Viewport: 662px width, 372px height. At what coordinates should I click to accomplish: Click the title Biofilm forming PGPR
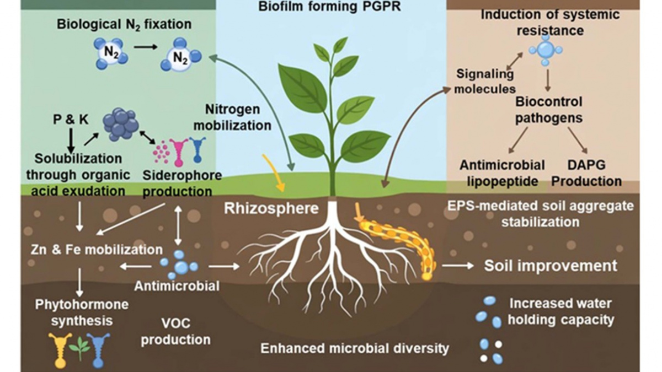(x=329, y=7)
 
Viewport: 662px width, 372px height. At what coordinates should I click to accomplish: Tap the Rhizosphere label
(x=271, y=208)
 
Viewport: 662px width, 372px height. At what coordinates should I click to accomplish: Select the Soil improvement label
(x=551, y=266)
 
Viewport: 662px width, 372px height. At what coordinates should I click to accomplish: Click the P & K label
(x=71, y=120)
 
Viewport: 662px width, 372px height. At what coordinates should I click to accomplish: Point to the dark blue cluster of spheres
(x=121, y=124)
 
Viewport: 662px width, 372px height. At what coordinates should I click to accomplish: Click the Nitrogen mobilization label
(x=232, y=117)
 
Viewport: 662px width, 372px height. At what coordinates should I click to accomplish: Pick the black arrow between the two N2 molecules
(x=146, y=47)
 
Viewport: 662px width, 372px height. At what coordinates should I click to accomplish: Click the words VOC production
(x=176, y=332)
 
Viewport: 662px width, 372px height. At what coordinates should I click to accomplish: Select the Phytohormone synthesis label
(x=82, y=312)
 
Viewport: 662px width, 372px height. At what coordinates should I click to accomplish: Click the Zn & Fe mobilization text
(x=97, y=250)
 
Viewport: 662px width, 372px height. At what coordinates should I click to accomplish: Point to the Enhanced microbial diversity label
(x=355, y=348)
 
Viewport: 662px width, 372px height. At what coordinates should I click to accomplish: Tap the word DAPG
(x=586, y=165)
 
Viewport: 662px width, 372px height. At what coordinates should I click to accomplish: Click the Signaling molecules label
(x=485, y=81)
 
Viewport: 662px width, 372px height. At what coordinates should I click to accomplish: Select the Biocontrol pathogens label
(x=549, y=110)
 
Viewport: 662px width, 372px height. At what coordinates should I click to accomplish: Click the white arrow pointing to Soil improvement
(x=458, y=266)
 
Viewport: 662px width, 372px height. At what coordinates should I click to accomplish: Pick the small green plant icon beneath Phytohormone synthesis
(x=79, y=349)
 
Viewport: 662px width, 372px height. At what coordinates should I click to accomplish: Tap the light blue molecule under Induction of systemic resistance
(x=546, y=50)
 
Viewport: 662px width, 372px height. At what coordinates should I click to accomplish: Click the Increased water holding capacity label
(x=560, y=312)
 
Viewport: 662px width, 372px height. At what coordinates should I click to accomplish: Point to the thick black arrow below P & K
(x=71, y=140)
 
